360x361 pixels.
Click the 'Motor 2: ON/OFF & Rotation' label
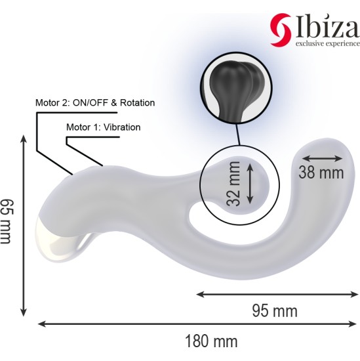(x=94, y=103)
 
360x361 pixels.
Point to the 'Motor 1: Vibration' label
(x=104, y=127)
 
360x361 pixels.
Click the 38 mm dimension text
(x=321, y=173)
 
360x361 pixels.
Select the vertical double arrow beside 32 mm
(x=250, y=184)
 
